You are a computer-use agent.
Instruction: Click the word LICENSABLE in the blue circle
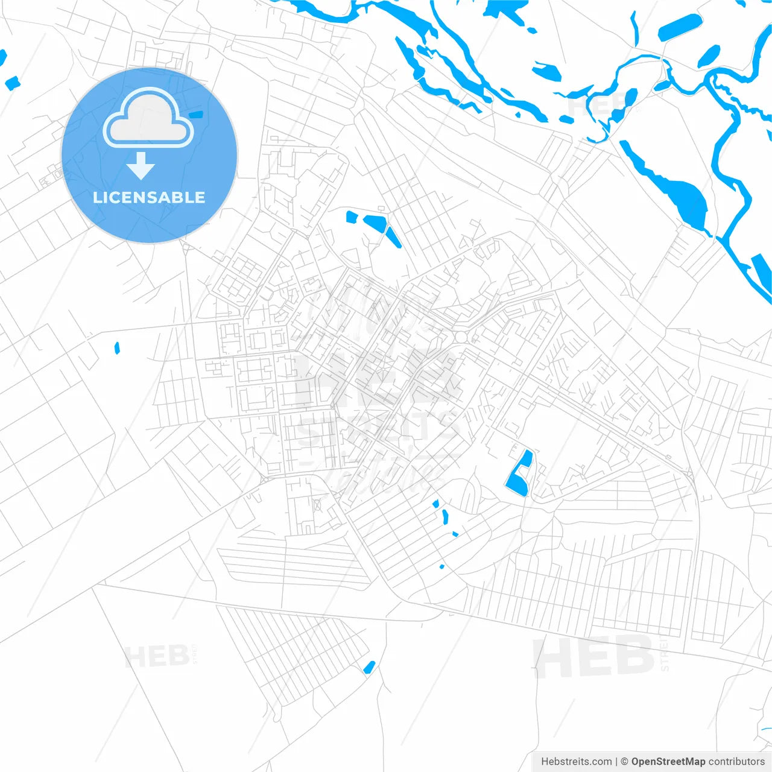point(149,198)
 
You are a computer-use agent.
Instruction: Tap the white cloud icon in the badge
point(148,119)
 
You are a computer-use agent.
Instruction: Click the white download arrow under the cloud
point(141,166)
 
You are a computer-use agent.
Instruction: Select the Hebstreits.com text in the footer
point(576,761)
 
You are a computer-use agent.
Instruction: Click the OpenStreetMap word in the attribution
point(668,761)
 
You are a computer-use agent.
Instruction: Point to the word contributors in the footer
point(736,761)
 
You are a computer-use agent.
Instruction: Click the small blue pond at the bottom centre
point(369,666)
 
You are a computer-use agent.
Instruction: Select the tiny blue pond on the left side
point(117,347)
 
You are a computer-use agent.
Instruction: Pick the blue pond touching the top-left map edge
point(2,58)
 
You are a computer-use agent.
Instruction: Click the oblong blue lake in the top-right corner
point(680,27)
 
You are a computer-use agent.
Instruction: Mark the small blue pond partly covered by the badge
point(197,114)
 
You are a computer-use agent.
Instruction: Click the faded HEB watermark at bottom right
point(594,656)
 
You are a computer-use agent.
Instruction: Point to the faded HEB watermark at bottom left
point(156,656)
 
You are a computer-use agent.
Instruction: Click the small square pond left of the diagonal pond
point(352,217)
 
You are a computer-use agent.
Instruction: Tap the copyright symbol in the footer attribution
point(624,761)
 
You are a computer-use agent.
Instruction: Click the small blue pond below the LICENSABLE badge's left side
point(12,83)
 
